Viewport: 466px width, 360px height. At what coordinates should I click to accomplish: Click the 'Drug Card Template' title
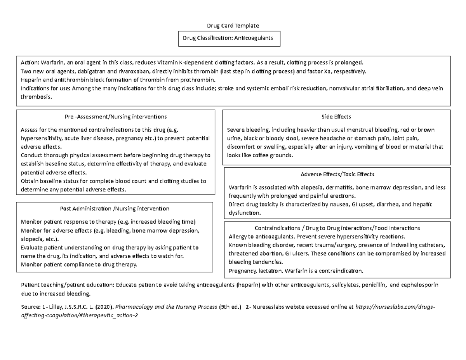(233, 26)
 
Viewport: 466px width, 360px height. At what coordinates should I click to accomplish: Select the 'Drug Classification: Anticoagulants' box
(229, 38)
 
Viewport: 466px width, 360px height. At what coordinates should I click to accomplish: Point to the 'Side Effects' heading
(336, 117)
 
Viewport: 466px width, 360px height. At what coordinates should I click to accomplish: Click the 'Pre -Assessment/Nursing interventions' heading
(116, 117)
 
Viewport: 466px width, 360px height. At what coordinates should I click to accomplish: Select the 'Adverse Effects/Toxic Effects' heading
(337, 174)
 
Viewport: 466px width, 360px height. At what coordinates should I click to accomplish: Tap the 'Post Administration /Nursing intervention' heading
(115, 209)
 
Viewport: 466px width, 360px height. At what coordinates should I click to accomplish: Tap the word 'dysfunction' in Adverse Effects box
(245, 213)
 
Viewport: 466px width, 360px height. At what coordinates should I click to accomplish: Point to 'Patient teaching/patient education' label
(66, 285)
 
